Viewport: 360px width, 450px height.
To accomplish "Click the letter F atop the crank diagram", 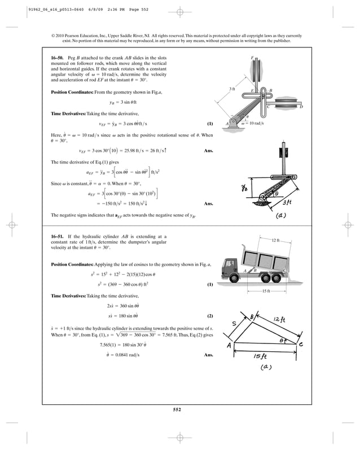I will point(252,58).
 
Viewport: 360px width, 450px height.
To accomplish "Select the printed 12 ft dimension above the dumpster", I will point(275,241).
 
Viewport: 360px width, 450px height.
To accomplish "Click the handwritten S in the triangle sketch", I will point(234,323).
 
